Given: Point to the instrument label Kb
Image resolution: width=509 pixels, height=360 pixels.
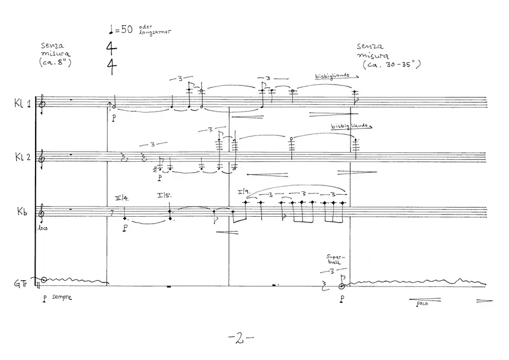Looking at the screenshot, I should [x=22, y=211].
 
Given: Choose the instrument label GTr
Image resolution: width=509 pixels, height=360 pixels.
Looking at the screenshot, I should [x=20, y=283].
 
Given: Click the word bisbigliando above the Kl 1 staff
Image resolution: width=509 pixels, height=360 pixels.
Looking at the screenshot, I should [x=331, y=75].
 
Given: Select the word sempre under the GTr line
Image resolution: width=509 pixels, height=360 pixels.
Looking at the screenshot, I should [x=61, y=297].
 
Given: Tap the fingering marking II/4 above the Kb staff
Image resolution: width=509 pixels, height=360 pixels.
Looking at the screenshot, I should [x=122, y=198].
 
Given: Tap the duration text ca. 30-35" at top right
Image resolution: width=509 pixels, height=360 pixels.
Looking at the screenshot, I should [x=390, y=66].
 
